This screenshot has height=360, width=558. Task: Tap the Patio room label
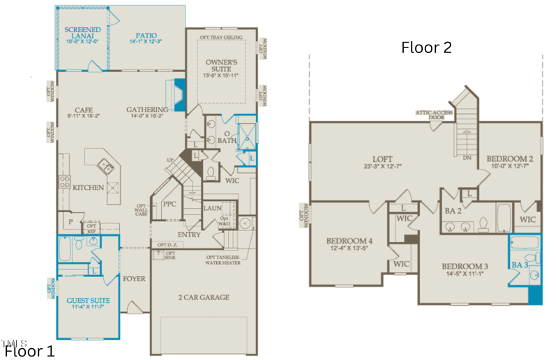(146, 36)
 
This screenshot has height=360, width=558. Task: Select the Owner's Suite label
(222, 67)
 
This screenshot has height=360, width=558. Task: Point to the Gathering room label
(147, 110)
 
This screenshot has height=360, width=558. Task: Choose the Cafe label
(84, 110)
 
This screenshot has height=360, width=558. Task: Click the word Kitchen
(89, 187)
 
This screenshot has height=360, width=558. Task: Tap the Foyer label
(134, 278)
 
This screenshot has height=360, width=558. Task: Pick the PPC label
(169, 204)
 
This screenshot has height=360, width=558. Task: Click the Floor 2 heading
(426, 47)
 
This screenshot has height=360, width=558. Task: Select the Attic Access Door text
(435, 114)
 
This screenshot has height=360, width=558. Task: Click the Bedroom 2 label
(510, 158)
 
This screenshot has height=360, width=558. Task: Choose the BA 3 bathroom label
(520, 264)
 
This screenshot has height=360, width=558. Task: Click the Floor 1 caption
(29, 350)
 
